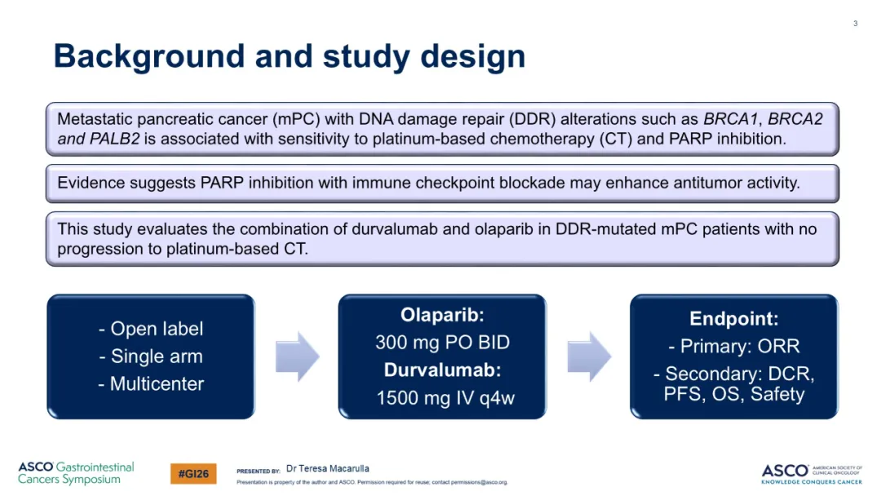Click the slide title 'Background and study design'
coord(290,57)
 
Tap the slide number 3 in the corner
coord(855,24)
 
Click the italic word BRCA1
coord(730,119)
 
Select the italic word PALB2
coord(114,139)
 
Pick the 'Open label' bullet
coord(151,329)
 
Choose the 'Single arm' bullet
coord(151,356)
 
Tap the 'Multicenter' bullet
coord(151,383)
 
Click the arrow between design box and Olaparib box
coord(297,356)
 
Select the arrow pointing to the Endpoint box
coord(589,356)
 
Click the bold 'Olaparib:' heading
coord(442,315)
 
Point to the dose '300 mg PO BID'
coord(442,342)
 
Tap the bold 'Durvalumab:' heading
coord(442,370)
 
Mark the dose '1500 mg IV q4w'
coord(445,398)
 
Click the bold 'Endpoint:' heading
coord(734,318)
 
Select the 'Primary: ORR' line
coord(734,346)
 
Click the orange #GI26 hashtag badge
coord(193,473)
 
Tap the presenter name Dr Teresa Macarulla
coord(328,468)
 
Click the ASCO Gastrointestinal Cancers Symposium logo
coord(76,473)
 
